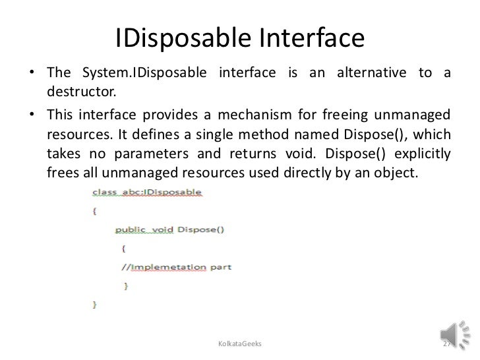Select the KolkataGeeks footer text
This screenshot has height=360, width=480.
pos(239,345)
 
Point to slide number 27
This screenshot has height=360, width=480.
pos(447,345)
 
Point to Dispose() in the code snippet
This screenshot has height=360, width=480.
pos(200,230)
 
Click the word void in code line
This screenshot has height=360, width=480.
pos(162,230)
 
